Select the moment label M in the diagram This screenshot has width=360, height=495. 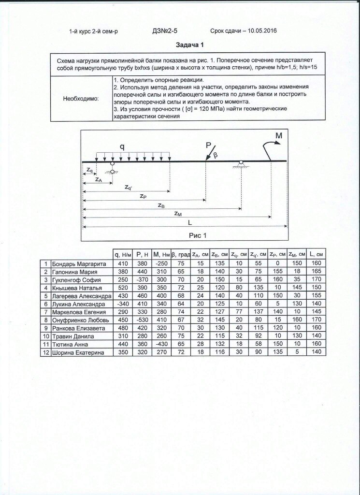click(279, 136)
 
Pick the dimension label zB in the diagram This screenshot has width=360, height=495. click(161, 205)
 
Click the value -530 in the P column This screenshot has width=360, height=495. click(141, 320)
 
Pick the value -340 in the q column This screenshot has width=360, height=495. click(122, 304)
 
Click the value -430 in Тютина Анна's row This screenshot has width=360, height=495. click(159, 344)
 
